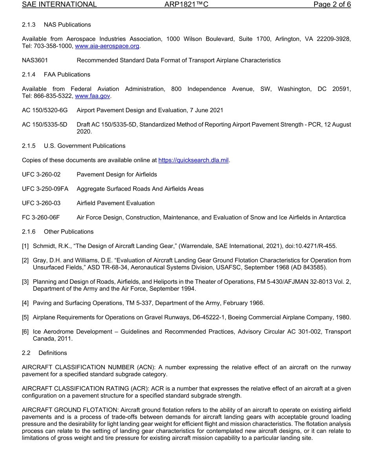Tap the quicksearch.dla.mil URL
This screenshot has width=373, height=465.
[193, 160]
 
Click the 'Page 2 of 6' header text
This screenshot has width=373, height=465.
[332, 5]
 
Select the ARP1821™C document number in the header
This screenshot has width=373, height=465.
[186, 5]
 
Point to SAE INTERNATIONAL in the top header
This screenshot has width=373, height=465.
[59, 5]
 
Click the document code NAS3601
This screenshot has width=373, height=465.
[35, 60]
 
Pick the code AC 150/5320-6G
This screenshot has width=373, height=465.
[45, 110]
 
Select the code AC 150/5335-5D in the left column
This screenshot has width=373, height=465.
[45, 125]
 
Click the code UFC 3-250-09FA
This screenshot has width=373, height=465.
[45, 189]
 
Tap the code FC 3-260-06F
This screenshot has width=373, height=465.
[41, 217]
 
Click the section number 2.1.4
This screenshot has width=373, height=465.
[29, 75]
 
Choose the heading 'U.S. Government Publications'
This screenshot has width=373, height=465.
[85, 146]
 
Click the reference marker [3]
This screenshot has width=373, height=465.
[26, 282]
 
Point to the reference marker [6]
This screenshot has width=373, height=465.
[26, 332]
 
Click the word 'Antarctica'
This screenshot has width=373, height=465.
[331, 217]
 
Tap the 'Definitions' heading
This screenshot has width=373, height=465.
[53, 353]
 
